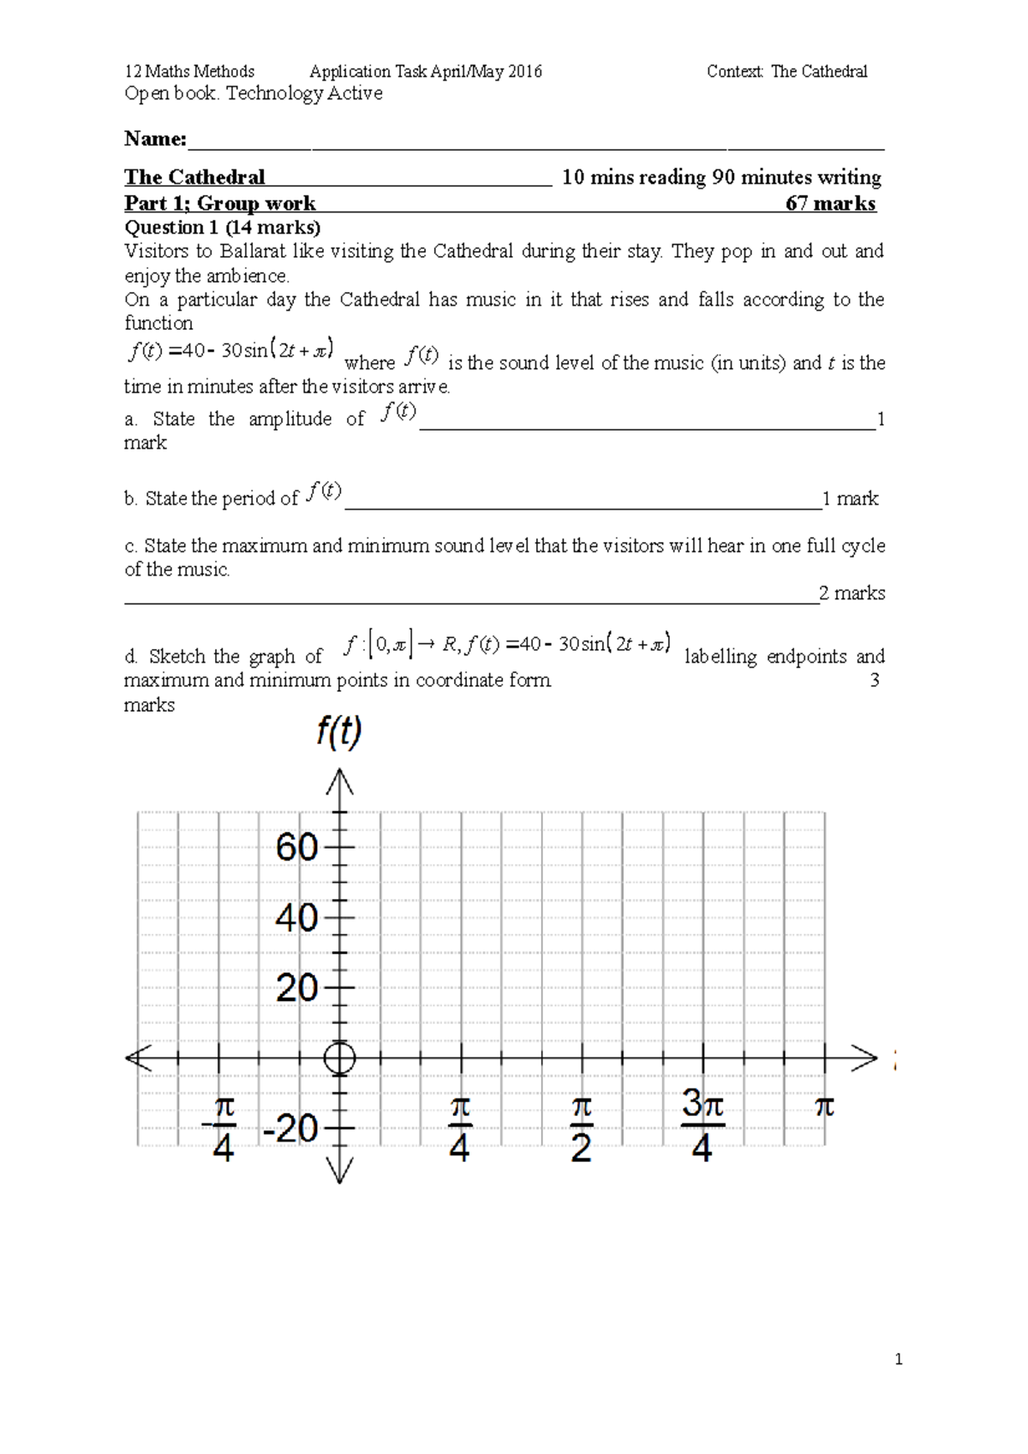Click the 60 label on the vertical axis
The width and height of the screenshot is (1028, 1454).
click(296, 848)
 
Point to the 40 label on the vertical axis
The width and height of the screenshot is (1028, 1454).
click(296, 918)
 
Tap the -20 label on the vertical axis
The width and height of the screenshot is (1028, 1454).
click(290, 1129)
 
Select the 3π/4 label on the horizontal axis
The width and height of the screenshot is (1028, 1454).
click(702, 1125)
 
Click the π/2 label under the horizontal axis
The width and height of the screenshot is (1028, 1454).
click(581, 1129)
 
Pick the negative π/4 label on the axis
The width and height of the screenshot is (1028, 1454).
click(220, 1129)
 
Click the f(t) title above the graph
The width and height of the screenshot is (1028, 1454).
click(338, 732)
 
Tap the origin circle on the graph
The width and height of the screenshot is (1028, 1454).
click(340, 1058)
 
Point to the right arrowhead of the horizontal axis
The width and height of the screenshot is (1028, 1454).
click(865, 1058)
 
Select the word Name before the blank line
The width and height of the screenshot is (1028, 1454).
click(154, 139)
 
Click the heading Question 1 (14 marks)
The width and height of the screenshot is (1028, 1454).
click(222, 228)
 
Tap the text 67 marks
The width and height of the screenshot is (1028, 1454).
click(830, 204)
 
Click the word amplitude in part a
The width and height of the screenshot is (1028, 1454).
click(290, 419)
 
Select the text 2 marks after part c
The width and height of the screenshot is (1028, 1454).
click(852, 593)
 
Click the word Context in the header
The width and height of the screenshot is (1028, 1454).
click(734, 72)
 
